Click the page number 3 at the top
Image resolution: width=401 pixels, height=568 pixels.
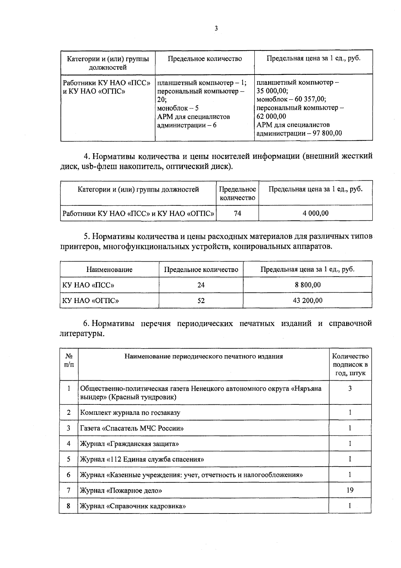(216, 29)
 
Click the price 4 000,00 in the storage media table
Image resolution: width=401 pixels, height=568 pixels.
(315, 213)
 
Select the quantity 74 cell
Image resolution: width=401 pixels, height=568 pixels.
(237, 213)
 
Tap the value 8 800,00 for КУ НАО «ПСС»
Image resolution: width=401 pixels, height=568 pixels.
(307, 285)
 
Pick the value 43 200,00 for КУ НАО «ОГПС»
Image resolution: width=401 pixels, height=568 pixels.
(307, 300)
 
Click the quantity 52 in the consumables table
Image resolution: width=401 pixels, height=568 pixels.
(201, 300)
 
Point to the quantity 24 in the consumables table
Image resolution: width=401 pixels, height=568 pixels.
(201, 285)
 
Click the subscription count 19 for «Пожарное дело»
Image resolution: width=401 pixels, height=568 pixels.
(350, 490)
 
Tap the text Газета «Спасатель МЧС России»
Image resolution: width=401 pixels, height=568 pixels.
(132, 428)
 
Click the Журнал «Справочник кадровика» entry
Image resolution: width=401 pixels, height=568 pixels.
(133, 506)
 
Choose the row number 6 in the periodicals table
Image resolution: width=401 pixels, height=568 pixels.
(69, 475)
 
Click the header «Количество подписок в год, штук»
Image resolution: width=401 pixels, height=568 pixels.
(350, 365)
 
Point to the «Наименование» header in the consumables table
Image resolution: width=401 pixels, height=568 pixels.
(109, 269)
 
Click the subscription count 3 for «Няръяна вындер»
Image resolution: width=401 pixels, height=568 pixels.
(350, 388)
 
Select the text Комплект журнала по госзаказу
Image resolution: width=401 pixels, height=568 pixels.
(130, 412)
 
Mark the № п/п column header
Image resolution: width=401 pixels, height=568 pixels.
(69, 360)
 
